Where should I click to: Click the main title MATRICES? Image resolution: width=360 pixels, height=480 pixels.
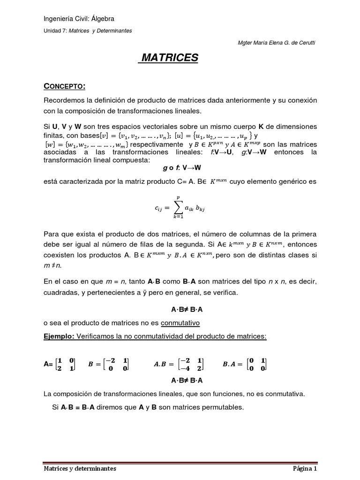(170, 58)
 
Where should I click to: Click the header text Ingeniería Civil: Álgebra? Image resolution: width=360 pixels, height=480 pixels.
(79, 19)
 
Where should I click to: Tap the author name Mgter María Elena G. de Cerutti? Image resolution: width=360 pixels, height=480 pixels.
(277, 43)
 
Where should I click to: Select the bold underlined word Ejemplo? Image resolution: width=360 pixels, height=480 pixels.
(59, 337)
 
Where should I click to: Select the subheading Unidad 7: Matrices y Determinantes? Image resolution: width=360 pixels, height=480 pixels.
(88, 30)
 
